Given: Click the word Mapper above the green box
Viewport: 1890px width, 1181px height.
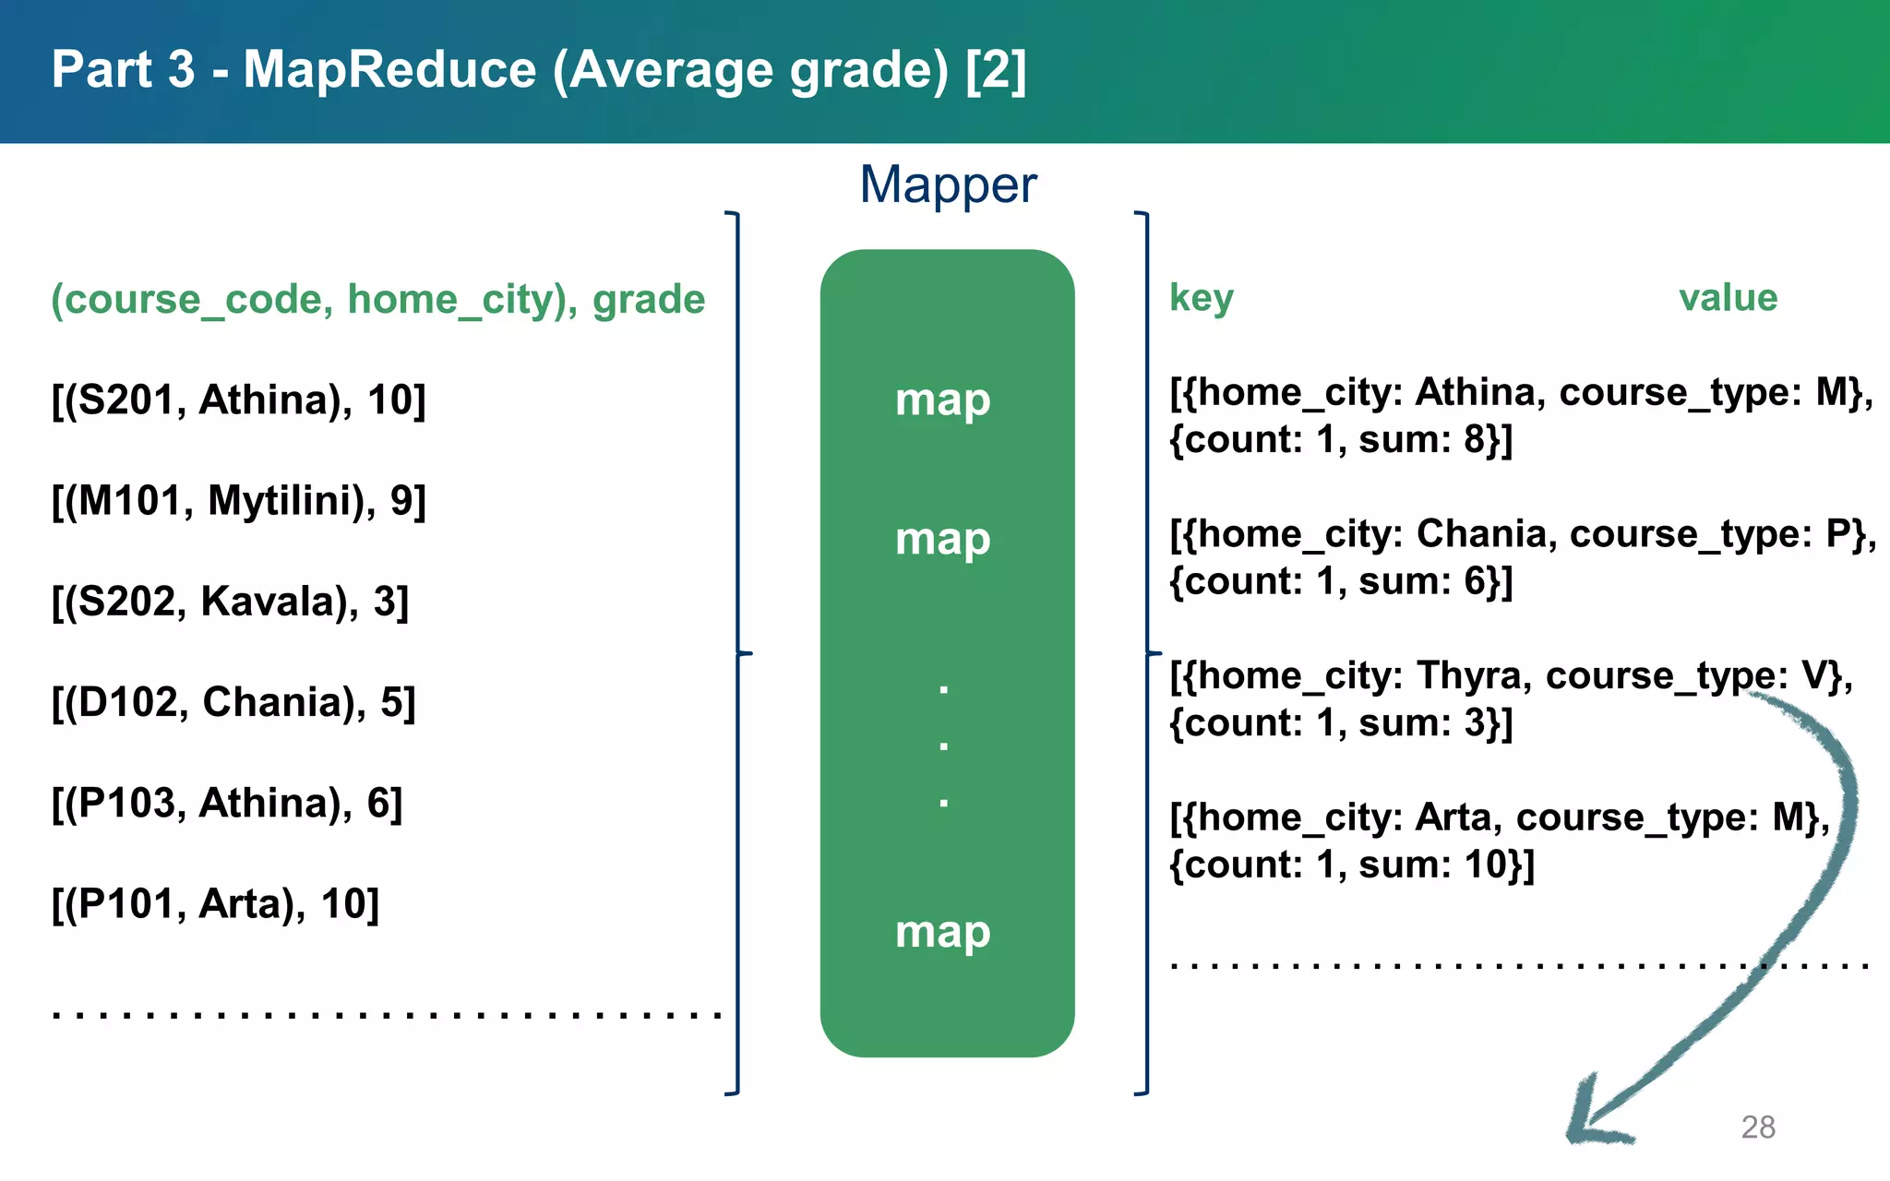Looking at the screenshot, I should coord(948,185).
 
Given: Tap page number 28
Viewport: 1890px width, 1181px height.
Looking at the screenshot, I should coord(1757,1127).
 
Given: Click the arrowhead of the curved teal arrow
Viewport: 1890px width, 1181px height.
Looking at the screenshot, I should coord(1592,1121).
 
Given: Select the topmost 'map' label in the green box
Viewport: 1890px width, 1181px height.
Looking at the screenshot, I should coord(942,400).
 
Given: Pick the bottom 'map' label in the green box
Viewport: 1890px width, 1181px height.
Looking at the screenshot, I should coord(942,932).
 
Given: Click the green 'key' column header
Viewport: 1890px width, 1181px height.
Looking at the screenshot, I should coord(1201,298).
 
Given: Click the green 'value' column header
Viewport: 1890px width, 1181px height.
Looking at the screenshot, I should coord(1728,298).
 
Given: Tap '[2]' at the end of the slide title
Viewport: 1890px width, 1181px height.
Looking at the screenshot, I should coord(995,70).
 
